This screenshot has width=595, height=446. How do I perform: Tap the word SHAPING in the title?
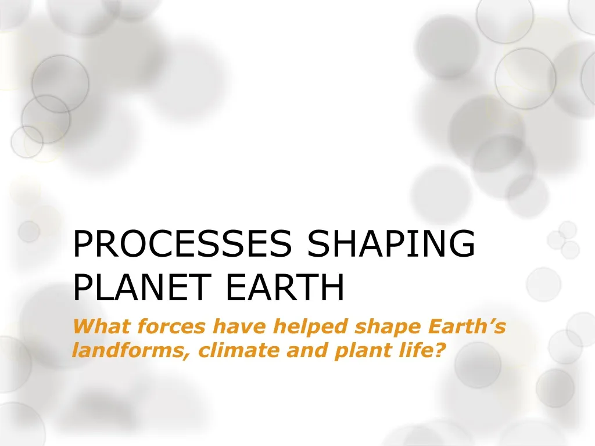click(391, 243)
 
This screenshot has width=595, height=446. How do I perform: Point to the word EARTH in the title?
click(285, 287)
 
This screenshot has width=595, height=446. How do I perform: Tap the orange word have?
click(239, 327)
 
